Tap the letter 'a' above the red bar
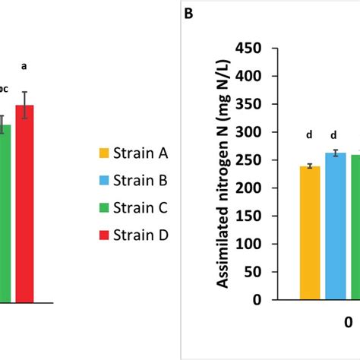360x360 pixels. pos(24,66)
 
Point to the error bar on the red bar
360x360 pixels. pos(25,105)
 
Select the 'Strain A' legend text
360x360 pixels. pos(141,153)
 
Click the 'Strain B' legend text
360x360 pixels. pos(141,181)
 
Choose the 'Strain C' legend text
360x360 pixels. pos(141,208)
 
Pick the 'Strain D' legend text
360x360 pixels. pos(141,235)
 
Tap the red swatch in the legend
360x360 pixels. pos(105,235)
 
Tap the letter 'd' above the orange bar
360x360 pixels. pos(309,135)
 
